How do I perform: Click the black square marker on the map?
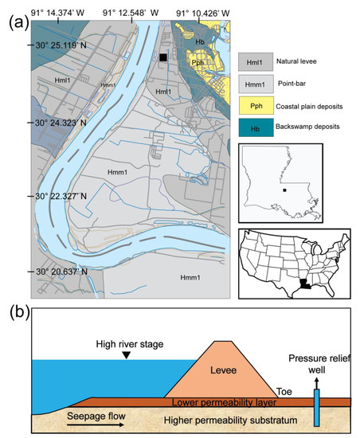point(162,57)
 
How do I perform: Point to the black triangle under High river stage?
point(126,355)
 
